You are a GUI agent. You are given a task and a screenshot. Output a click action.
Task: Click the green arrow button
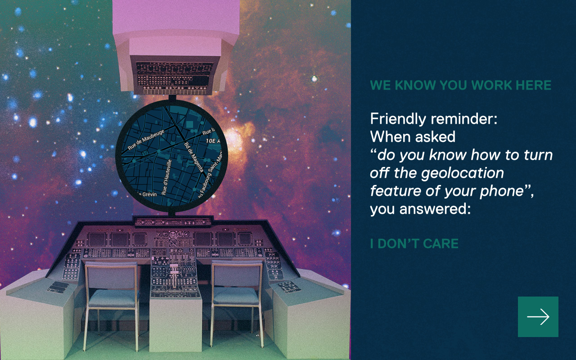pos(538,316)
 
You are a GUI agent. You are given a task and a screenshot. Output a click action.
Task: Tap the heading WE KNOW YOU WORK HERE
pos(460,85)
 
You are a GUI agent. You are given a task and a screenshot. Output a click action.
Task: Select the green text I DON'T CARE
pos(414,243)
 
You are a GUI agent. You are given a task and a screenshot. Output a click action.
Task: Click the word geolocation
pos(462,173)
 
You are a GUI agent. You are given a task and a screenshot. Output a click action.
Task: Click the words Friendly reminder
pos(433,119)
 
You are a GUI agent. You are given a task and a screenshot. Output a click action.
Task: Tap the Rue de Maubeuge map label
pos(146,139)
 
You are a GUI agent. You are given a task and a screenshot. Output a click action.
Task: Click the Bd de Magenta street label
pos(194,157)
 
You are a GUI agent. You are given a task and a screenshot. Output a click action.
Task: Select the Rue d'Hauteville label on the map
pos(166,177)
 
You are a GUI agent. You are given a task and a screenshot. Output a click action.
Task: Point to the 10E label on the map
pos(211,141)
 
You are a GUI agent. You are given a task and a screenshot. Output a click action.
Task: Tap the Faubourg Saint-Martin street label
pos(210,175)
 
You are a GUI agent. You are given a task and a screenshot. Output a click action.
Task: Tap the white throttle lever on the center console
pos(174,273)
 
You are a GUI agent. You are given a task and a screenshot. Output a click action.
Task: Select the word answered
pos(435,209)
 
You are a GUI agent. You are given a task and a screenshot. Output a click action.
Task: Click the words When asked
pos(413,136)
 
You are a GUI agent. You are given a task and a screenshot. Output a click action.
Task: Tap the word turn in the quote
pos(539,155)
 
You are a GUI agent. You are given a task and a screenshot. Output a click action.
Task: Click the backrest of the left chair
pos(111,276)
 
